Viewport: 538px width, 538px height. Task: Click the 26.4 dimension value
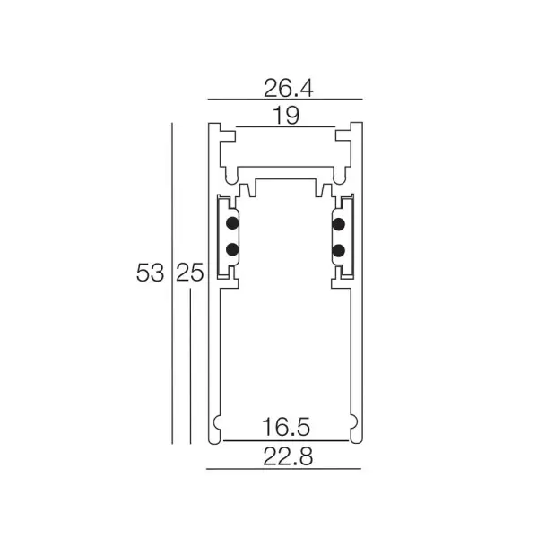coord(288,88)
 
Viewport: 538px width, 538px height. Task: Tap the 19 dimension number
coord(286,116)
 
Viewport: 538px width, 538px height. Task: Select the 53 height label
coord(150,273)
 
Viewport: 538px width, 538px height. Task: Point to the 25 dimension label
coord(190,273)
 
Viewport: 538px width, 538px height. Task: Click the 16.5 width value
coord(286,427)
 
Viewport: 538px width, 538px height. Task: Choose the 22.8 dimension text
coord(288,456)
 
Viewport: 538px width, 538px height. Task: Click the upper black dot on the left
coord(232,223)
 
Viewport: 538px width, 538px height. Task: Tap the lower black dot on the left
coord(232,249)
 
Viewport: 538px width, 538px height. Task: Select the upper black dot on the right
coord(339,224)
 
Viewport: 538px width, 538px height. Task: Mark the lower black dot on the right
coord(339,251)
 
